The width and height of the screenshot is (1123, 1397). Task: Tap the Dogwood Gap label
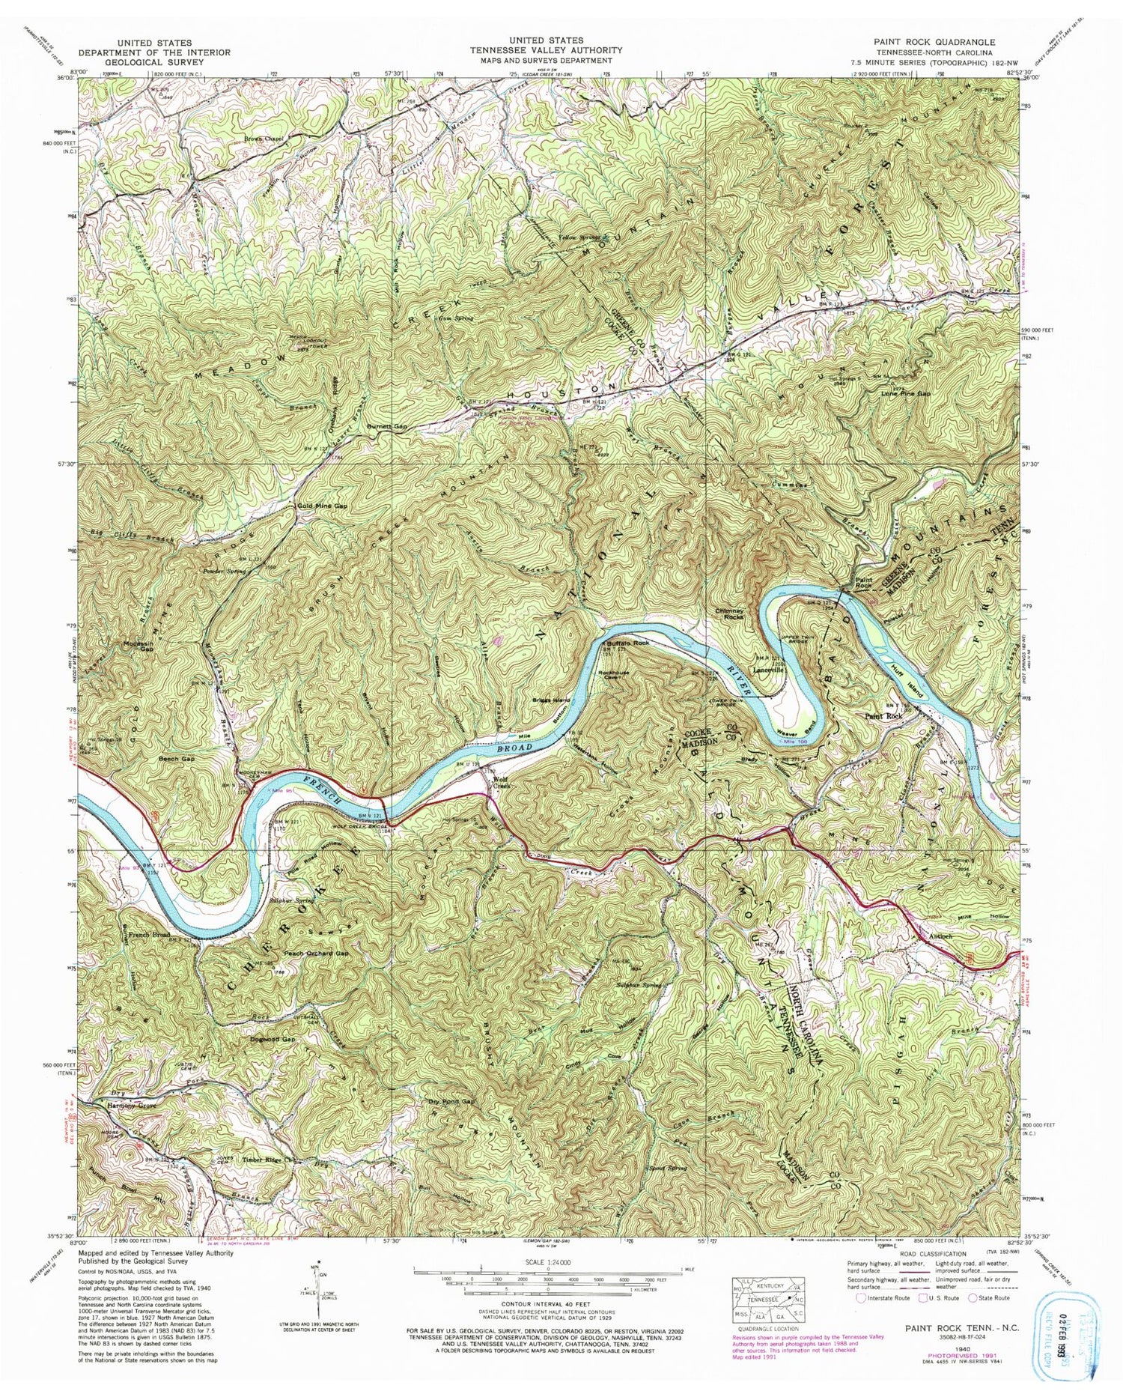268,1040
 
